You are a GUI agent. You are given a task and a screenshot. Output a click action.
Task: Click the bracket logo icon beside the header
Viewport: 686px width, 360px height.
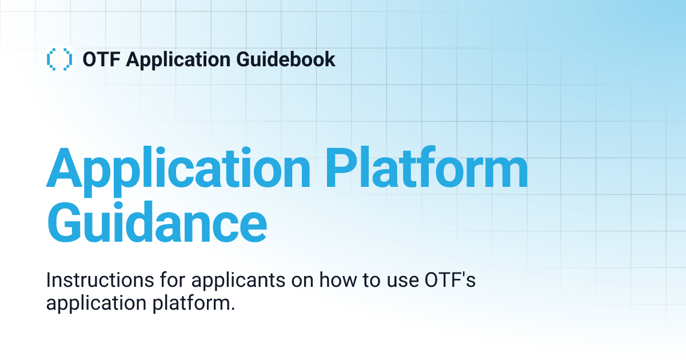click(x=59, y=59)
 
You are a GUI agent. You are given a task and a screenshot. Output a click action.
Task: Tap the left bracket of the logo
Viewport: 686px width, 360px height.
click(x=50, y=59)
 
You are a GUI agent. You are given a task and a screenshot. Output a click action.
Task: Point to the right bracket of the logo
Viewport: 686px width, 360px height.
click(x=68, y=59)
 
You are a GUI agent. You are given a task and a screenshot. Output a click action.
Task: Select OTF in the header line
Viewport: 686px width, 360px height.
click(x=101, y=59)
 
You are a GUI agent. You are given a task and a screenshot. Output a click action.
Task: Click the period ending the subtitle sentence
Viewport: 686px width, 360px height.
click(x=233, y=308)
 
